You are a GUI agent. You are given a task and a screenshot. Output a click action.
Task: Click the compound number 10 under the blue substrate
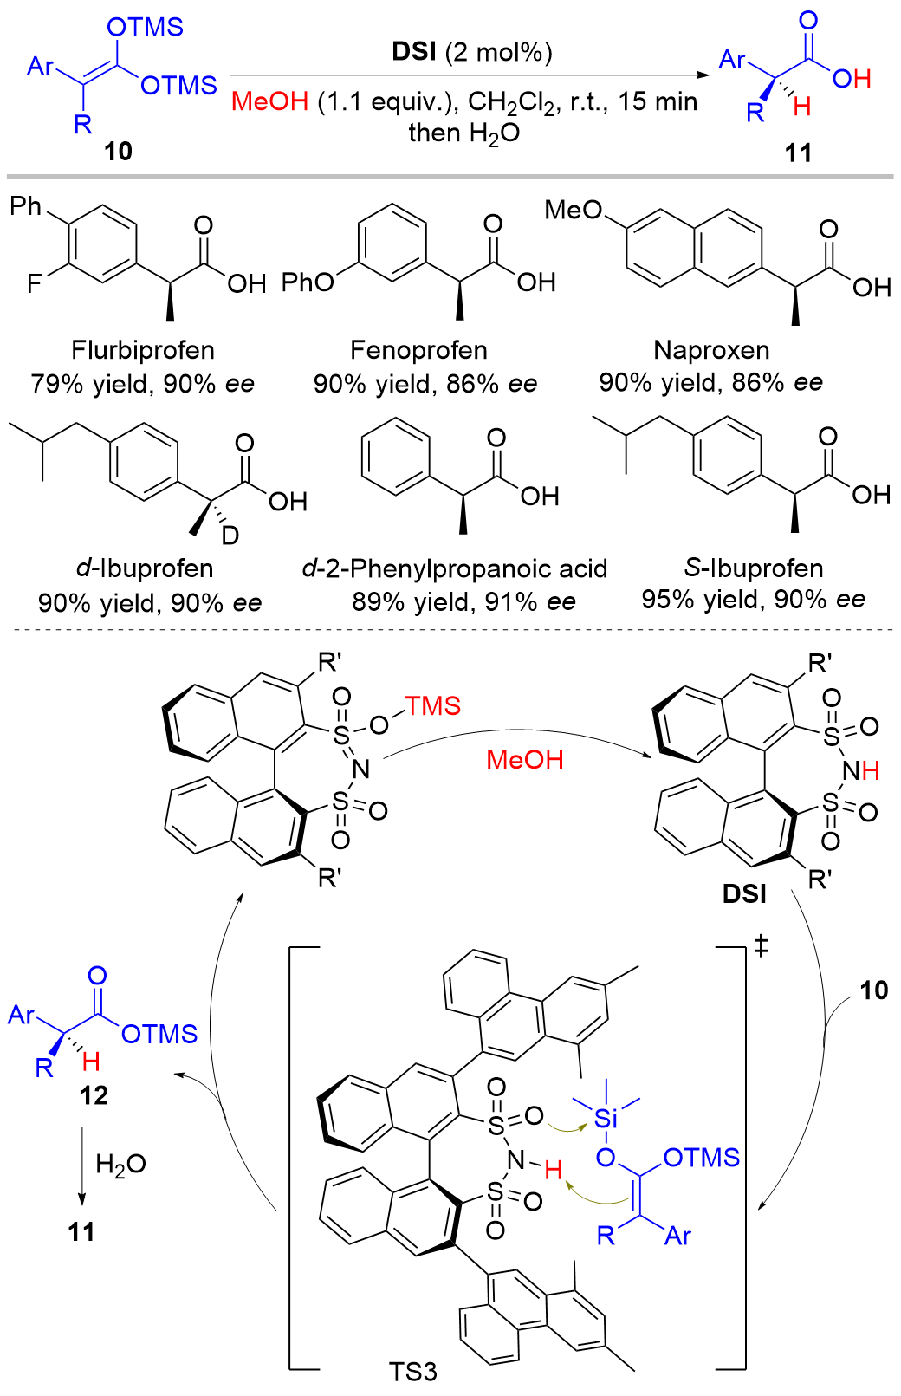click(x=119, y=151)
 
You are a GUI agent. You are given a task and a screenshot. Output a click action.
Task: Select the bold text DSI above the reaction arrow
click(x=414, y=51)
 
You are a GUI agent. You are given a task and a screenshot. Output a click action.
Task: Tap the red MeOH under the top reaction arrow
click(x=269, y=101)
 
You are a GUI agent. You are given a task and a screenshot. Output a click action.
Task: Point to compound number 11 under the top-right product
click(x=798, y=153)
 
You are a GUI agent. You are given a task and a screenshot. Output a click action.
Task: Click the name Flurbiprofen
click(x=143, y=350)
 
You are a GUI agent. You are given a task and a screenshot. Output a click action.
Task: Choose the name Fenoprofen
click(x=418, y=350)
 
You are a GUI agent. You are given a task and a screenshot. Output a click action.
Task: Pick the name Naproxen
click(x=711, y=350)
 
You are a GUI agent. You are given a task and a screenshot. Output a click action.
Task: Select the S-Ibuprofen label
click(x=754, y=568)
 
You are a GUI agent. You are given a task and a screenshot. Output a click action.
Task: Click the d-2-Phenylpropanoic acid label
click(x=455, y=568)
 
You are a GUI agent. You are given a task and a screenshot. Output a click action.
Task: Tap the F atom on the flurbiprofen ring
click(x=35, y=284)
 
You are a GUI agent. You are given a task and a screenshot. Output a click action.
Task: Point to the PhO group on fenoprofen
click(x=308, y=282)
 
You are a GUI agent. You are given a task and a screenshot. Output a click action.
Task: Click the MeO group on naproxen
click(x=574, y=210)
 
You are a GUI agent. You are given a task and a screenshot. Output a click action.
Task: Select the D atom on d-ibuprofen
click(x=230, y=536)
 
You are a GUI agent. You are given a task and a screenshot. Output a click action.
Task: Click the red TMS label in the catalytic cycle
click(x=434, y=706)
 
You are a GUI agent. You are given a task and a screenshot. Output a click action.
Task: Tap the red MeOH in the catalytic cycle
click(x=525, y=760)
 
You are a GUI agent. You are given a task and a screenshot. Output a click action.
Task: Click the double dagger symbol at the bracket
click(x=761, y=947)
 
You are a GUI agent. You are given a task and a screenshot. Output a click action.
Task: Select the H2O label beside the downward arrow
click(x=121, y=1164)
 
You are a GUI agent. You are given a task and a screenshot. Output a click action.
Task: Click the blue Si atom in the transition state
click(x=606, y=1119)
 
